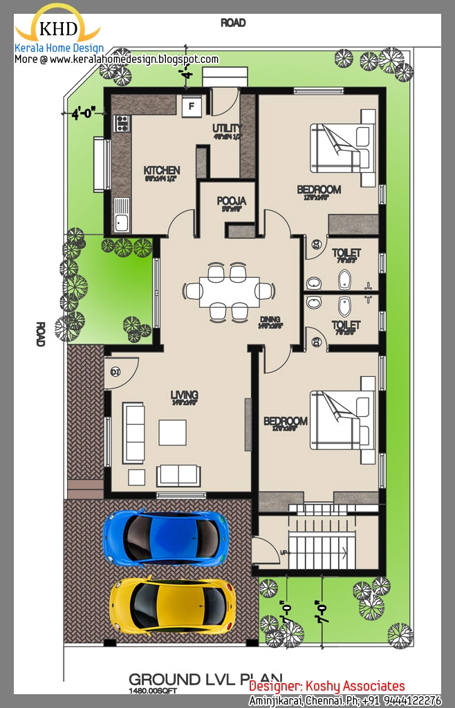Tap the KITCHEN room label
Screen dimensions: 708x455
click(162, 171)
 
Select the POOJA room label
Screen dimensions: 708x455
click(232, 201)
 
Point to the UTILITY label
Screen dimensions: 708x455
click(227, 128)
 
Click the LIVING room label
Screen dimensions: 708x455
click(185, 395)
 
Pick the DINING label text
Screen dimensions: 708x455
click(270, 319)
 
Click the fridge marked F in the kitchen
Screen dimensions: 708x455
click(192, 106)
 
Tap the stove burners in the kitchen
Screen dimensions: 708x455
click(122, 123)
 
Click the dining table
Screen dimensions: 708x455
click(228, 291)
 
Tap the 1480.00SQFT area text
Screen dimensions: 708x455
click(152, 691)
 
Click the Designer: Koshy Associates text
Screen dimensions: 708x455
click(327, 686)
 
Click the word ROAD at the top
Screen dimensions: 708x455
click(233, 23)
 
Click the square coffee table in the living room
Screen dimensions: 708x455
click(172, 432)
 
